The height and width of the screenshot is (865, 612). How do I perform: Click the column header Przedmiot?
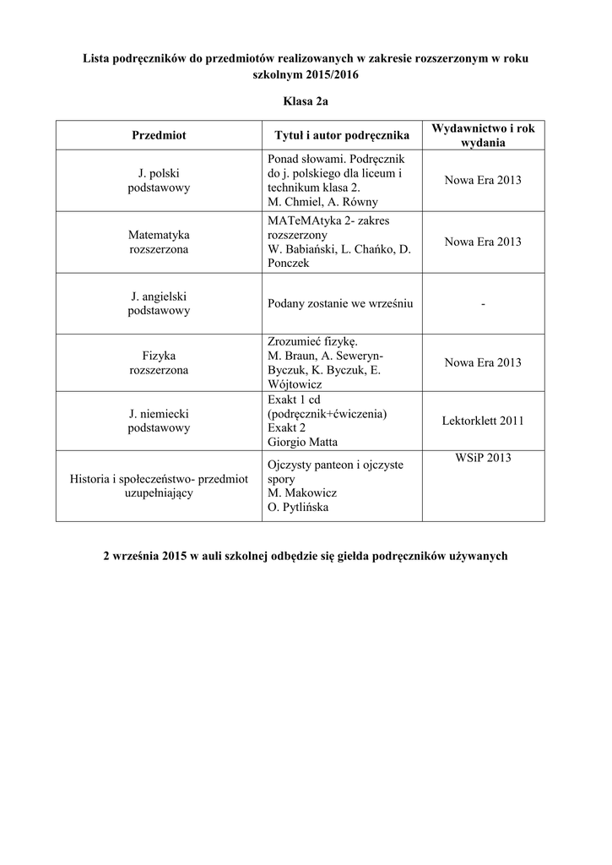click(x=159, y=135)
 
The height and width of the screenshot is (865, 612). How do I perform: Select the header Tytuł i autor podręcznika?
click(x=342, y=135)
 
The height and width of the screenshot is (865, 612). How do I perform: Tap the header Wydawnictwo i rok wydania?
click(x=483, y=135)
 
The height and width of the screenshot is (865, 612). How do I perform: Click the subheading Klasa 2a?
click(x=306, y=101)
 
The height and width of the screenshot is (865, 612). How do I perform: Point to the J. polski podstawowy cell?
click(x=159, y=181)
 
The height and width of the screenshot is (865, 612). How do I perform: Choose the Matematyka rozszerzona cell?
click(x=159, y=242)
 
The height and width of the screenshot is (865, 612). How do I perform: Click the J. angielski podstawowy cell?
click(x=159, y=303)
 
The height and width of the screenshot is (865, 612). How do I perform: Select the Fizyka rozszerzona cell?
click(x=159, y=362)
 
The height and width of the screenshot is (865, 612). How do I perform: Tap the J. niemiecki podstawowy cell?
click(x=159, y=421)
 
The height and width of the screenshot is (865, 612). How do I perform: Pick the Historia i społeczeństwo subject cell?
click(x=159, y=486)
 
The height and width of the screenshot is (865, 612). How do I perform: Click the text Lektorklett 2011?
click(x=483, y=421)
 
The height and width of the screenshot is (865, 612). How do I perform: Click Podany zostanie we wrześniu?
click(x=339, y=303)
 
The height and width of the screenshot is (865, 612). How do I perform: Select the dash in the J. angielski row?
click(x=483, y=304)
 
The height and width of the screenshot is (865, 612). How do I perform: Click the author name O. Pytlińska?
click(x=298, y=508)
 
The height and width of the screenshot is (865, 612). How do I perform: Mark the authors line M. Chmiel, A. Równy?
click(x=322, y=202)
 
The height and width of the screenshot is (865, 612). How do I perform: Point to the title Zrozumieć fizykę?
click(x=312, y=341)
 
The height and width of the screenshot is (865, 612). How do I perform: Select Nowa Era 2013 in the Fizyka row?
click(x=483, y=362)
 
